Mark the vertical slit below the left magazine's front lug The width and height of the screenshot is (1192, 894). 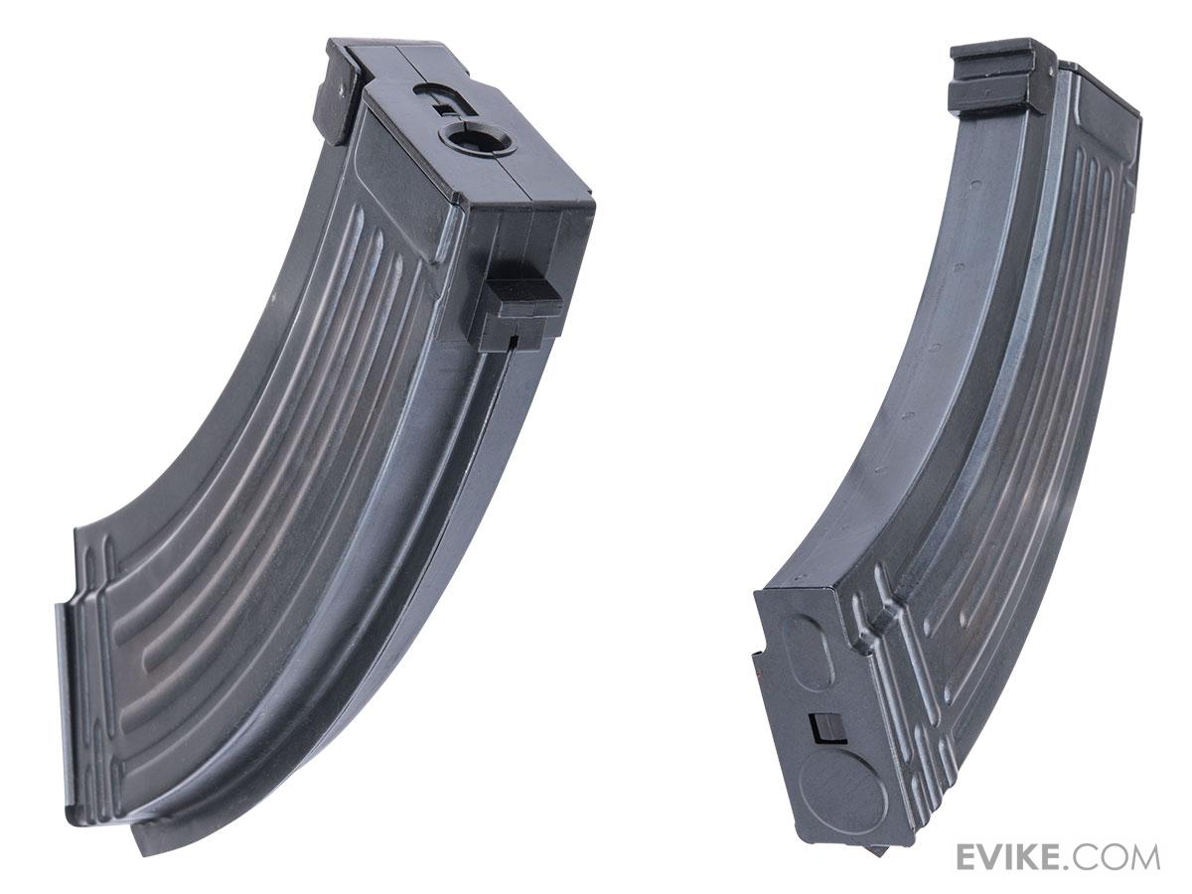(511, 343)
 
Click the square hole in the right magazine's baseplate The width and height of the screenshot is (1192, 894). (824, 729)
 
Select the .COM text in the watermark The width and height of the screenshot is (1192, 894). (1121, 856)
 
